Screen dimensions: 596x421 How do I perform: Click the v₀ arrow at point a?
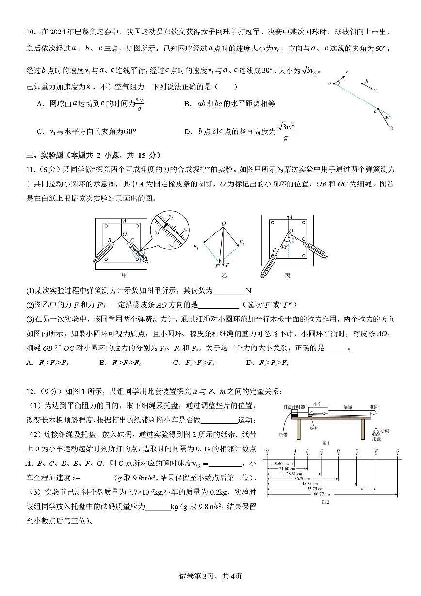[x=340, y=78]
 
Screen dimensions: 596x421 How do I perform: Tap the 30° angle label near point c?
[x=387, y=117]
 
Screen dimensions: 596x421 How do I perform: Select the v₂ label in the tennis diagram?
[x=391, y=128]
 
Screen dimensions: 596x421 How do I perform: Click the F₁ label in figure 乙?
[x=196, y=248]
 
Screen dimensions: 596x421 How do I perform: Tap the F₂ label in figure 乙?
[x=242, y=242]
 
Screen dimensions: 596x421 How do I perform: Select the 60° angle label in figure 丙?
[x=293, y=240]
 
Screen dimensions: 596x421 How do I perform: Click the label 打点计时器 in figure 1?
[x=294, y=406]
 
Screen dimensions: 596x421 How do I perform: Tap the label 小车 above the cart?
[x=318, y=404]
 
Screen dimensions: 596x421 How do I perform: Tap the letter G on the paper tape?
[x=397, y=451]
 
